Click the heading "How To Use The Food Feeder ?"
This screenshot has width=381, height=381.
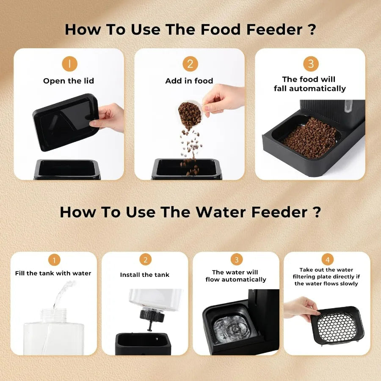tap(190, 29)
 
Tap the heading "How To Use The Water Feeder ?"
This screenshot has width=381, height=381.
tap(190, 212)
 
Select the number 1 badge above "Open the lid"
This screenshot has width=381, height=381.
tap(69, 64)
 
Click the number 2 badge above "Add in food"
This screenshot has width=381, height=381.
tap(190, 64)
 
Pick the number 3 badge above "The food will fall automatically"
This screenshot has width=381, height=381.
tap(310, 64)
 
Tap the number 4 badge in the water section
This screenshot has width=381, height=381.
tap(327, 260)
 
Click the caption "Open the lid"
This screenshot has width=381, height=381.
tap(69, 81)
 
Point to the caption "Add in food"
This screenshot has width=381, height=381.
tap(189, 81)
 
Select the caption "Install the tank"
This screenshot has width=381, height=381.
tap(145, 275)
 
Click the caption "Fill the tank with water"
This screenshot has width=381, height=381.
tap(53, 273)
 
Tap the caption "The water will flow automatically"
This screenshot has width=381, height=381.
tap(236, 276)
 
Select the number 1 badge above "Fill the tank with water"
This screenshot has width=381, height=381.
tap(54, 260)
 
